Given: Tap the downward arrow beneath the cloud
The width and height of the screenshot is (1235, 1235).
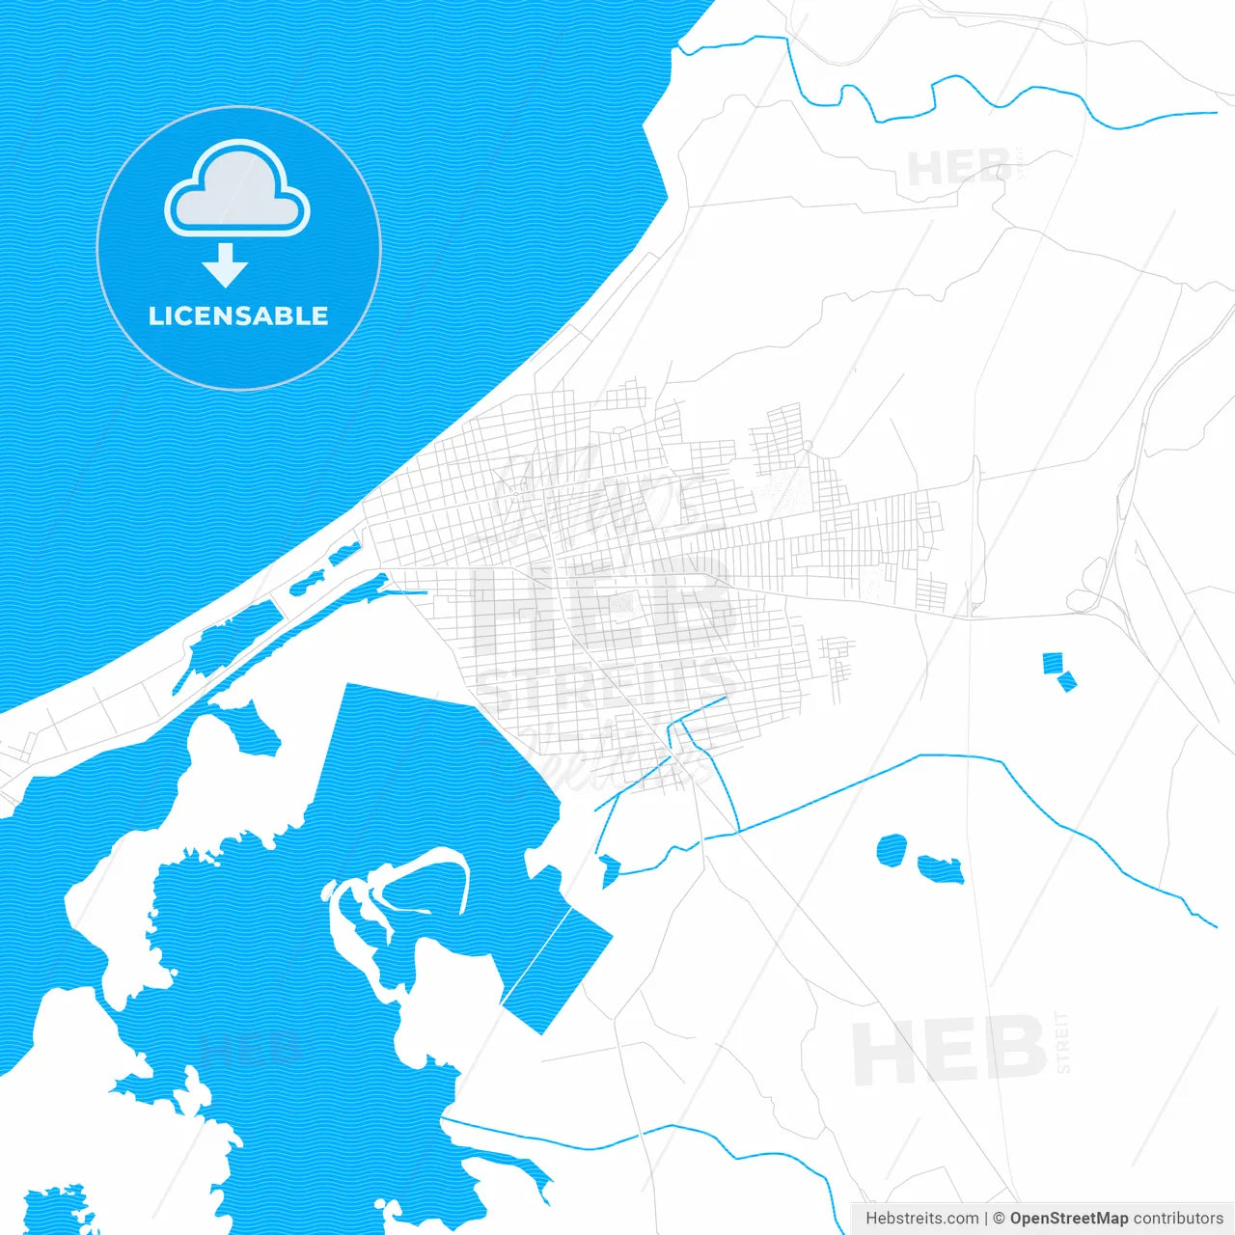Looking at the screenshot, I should pyautogui.click(x=226, y=265).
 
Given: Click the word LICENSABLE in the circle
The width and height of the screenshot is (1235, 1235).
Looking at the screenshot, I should pyautogui.click(x=238, y=316).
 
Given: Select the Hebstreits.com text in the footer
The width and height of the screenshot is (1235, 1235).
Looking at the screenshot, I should pyautogui.click(x=921, y=1219).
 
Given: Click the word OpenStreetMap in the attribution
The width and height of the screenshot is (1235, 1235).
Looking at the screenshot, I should pyautogui.click(x=1068, y=1219).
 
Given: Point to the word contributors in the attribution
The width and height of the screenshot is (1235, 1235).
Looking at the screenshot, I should pyautogui.click(x=1178, y=1219).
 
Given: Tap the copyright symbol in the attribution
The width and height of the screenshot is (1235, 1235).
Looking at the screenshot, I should pyautogui.click(x=1000, y=1219).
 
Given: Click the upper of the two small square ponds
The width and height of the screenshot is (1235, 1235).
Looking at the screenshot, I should pyautogui.click(x=1053, y=662).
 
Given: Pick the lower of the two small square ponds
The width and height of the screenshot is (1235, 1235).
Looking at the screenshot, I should pyautogui.click(x=1066, y=681).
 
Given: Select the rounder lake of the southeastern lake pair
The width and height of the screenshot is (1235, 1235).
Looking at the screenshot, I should pyautogui.click(x=892, y=850).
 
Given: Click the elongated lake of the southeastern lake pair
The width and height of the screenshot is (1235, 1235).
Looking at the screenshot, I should pyautogui.click(x=940, y=869).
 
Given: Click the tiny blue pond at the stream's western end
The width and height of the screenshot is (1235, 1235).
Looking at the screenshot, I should pyautogui.click(x=609, y=869).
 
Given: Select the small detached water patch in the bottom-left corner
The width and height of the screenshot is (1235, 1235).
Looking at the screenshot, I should pyautogui.click(x=58, y=1211).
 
